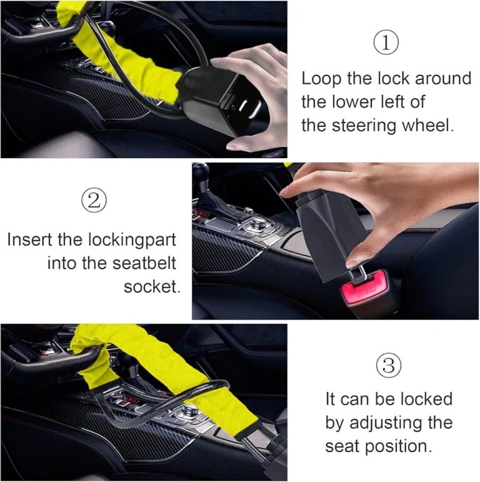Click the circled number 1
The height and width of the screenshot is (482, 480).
pos(386,43)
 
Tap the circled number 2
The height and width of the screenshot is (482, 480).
pos(94,200)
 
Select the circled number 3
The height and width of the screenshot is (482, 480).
pos(389,366)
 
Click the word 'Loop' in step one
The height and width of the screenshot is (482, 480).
pos(321,79)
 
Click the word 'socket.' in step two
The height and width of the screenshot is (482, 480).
pos(152,287)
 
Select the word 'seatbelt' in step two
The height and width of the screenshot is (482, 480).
pos(144,263)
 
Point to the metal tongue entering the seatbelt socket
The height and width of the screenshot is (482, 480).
pos(359,274)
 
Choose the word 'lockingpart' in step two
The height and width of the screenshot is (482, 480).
pos(132,240)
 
